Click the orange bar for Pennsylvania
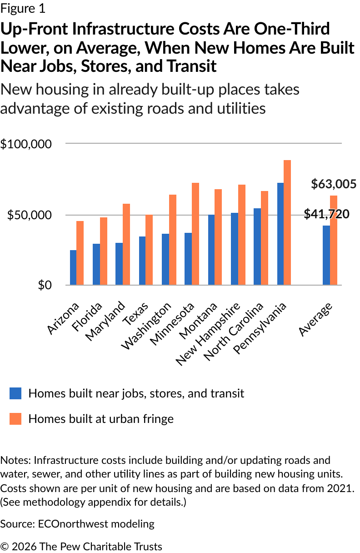pyautogui.click(x=287, y=222)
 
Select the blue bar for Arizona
pyautogui.click(x=73, y=267)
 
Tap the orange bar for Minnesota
pyautogui.click(x=195, y=234)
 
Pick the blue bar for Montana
pyautogui.click(x=211, y=250)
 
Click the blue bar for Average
pyautogui.click(x=326, y=255)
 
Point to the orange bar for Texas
pyautogui.click(x=149, y=250)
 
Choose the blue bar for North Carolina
pyautogui.click(x=257, y=246)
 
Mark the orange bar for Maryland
pyautogui.click(x=126, y=244)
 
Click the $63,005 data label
pyautogui.click(x=334, y=184)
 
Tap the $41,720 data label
pyautogui.click(x=326, y=214)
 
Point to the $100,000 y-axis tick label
pyautogui.click(x=26, y=144)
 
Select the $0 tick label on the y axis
pyautogui.click(x=45, y=285)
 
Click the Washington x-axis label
pyautogui.click(x=146, y=326)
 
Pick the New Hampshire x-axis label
pyautogui.click(x=208, y=333)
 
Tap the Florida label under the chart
pyautogui.click(x=87, y=317)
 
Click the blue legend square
pyautogui.click(x=15, y=393)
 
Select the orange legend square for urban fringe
pyautogui.click(x=15, y=419)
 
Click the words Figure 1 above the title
pyautogui.click(x=23, y=9)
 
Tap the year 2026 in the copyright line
pyautogui.click(x=24, y=546)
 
